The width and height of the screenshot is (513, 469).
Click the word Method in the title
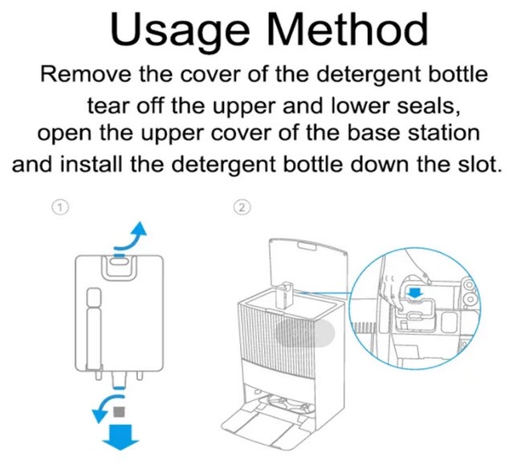point(348,29)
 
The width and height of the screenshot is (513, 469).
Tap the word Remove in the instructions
point(85,74)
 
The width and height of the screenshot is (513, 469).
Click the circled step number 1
point(60,207)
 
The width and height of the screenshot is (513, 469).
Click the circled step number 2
point(242,207)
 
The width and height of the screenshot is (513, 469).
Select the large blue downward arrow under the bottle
point(121,437)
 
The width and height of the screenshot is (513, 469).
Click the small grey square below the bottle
point(119,412)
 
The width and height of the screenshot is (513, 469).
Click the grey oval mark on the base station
point(305,332)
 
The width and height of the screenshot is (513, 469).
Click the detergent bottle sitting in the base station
point(284,295)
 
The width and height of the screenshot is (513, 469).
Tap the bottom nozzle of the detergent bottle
point(120,380)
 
